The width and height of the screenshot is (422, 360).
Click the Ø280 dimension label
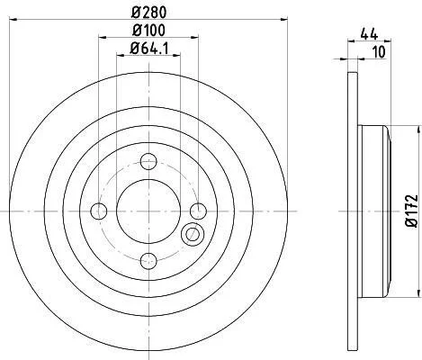[x=148, y=13]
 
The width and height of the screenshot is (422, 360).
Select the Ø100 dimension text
[x=148, y=30]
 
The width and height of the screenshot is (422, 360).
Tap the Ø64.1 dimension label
[x=148, y=48]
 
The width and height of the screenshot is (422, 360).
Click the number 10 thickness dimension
[x=379, y=52]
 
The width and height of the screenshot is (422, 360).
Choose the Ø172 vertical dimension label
[x=411, y=211]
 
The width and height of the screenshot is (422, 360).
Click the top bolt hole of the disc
[x=148, y=161]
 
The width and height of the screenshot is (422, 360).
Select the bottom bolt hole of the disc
[x=148, y=261]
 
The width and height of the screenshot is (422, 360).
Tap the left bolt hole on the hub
[x=99, y=211]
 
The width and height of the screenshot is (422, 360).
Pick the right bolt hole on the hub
[x=199, y=211]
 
